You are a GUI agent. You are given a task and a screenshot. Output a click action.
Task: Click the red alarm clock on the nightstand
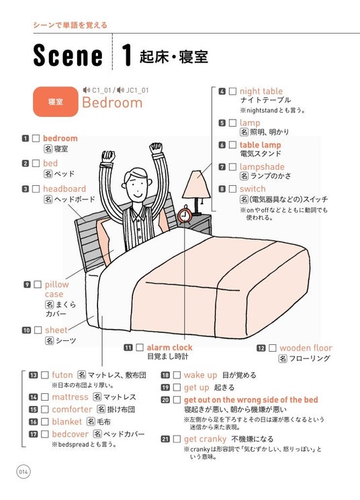click(185, 215)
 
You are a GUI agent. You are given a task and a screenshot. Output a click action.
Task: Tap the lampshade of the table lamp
click(196, 185)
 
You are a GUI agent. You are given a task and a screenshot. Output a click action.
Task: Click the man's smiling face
click(136, 185)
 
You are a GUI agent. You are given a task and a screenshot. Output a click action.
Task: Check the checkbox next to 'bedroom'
click(36, 138)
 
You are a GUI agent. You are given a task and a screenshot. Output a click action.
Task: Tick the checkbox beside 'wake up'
click(177, 375)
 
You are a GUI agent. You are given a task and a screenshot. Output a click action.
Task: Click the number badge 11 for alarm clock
click(128, 348)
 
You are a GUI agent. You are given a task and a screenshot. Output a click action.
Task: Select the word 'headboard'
click(64, 189)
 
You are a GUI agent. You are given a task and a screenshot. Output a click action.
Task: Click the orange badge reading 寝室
click(56, 102)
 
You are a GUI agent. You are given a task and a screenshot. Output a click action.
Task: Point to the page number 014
click(24, 472)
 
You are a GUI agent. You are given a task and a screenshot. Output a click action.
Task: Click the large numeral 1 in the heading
click(127, 55)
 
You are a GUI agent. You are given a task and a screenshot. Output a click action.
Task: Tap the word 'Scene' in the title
click(68, 56)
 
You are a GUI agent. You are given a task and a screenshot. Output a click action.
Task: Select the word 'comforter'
click(72, 409)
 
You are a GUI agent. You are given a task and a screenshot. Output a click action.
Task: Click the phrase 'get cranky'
click(206, 440)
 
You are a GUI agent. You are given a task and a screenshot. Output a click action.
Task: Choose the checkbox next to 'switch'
click(232, 189)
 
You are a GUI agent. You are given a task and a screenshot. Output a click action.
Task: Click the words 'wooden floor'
click(306, 348)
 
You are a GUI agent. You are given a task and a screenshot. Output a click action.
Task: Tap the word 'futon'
click(62, 375)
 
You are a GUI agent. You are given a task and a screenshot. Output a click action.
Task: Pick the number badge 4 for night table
click(222, 91)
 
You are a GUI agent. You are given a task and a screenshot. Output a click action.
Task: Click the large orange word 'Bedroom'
click(112, 103)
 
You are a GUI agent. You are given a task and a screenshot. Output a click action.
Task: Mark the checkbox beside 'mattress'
click(45, 397)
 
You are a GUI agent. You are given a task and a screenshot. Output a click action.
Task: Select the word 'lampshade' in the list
click(262, 166)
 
